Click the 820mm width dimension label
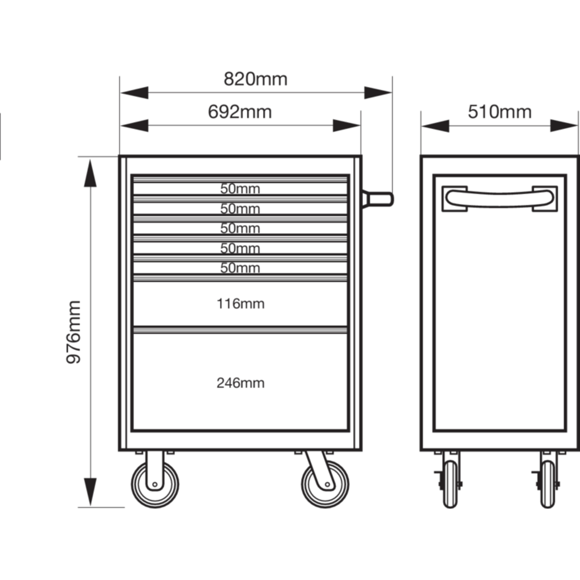coord(256,79)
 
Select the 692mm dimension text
coord(240,112)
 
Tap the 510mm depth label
coord(500,112)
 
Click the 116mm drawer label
coord(240,303)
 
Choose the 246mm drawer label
coord(240,383)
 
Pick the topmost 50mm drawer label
coord(240,188)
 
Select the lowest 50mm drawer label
coord(240,268)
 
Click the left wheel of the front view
coord(155,484)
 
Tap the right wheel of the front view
coord(325,484)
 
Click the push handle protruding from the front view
coord(378,199)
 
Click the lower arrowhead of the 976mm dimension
coord(90,492)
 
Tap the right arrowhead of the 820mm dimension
coord(378,92)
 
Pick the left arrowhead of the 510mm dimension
coord(435,125)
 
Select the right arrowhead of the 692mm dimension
coord(347,125)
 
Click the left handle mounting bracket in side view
coord(454,199)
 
